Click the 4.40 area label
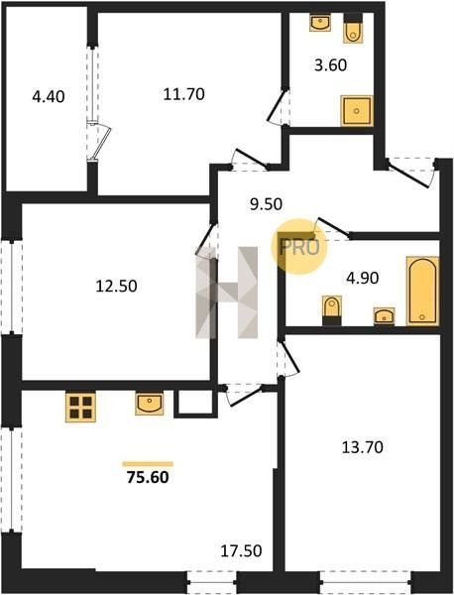(49, 97)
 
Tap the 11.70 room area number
(184, 94)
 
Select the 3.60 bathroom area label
(331, 65)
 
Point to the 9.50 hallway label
(266, 204)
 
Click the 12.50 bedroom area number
(116, 286)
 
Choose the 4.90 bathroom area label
(363, 278)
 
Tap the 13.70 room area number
(363, 447)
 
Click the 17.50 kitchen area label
(241, 550)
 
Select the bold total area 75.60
(148, 477)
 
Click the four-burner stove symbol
(80, 407)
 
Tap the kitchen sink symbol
(150, 404)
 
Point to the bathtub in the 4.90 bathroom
(422, 291)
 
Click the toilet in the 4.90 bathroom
(332, 310)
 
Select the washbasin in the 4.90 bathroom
(385, 316)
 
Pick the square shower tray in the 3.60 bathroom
(357, 111)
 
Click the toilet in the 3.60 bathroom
(353, 29)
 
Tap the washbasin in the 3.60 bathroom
(320, 23)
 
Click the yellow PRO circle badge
(299, 247)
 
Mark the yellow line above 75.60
(148, 464)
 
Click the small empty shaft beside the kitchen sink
(195, 403)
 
